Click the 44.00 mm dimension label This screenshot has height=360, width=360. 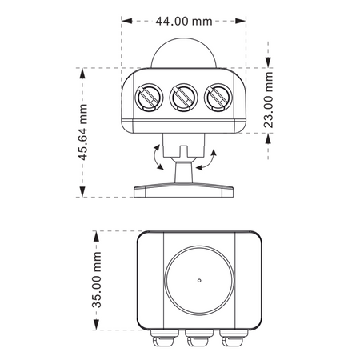coord(184,21)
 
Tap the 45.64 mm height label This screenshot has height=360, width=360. coord(83,132)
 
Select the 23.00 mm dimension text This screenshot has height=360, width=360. coord(268,100)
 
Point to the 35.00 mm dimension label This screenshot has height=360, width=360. coord(97,280)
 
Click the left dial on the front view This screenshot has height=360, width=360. coord(149,98)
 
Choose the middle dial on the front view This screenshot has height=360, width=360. coord(183,98)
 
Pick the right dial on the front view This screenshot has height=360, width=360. coord(218,98)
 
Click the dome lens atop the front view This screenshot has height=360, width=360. coord(184,53)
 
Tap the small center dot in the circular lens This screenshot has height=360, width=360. coord(199,280)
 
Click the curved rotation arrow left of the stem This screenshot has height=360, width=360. coord(155,158)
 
